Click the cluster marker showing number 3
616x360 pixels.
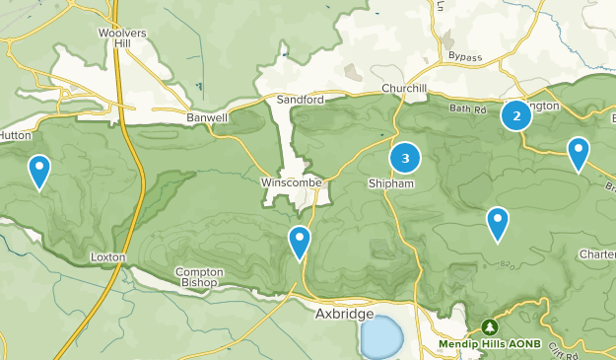click(405, 158)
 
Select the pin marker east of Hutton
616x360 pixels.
click(39, 170)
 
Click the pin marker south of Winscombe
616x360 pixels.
click(300, 241)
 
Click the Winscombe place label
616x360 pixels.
click(293, 182)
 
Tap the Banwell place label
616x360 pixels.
click(207, 116)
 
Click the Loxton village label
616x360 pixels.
click(107, 256)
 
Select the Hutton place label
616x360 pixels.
click(18, 136)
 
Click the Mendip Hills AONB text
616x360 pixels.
click(490, 344)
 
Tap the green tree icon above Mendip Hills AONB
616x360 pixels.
click(490, 327)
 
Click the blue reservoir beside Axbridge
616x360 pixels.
click(381, 337)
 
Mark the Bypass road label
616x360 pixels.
click(465, 57)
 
